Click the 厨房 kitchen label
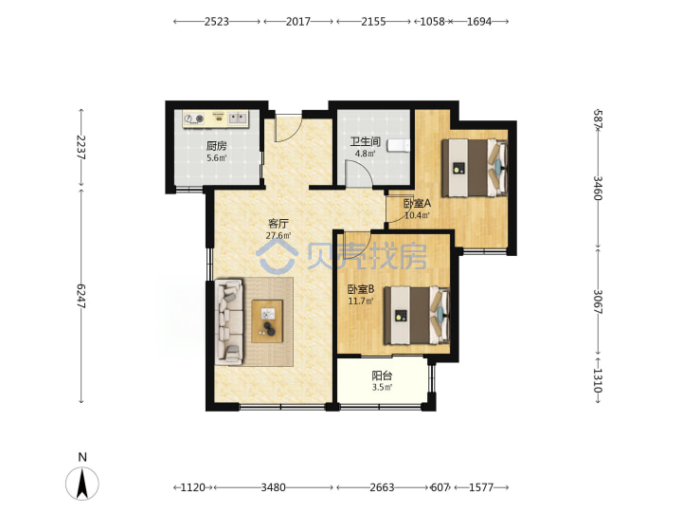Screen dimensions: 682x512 pos(216,146)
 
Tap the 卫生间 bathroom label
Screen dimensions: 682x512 pos(366,141)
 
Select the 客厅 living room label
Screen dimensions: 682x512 pos(278,224)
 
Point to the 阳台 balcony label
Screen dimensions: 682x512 pos(382,375)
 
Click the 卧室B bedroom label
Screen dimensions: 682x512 pos(361,289)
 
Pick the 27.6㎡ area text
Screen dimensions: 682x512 pos(278,235)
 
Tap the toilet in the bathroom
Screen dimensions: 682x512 pos(399,146)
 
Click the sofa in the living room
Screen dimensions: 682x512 pos(229,321)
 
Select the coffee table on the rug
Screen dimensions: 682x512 pos(267,320)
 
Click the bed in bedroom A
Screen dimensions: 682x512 pos(475,168)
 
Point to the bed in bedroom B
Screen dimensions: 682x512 pos(416,315)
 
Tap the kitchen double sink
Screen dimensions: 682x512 pos(238,118)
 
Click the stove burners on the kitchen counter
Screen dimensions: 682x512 pos(194,118)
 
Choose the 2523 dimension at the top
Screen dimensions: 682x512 pos(217,21)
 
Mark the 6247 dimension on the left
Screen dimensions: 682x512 pos(81,296)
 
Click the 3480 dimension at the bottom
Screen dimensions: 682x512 pos(273,487)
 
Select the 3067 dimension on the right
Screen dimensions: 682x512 pos(598,302)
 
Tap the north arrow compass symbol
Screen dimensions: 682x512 pos(82,483)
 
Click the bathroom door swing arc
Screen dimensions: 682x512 pos(365,168)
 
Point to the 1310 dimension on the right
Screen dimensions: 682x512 pos(598,380)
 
